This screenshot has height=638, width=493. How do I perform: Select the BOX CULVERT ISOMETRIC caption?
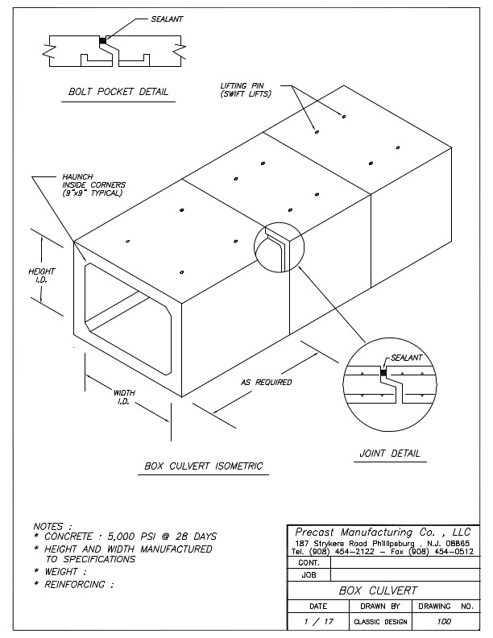click(x=203, y=466)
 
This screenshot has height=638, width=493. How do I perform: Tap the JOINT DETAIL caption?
click(x=390, y=454)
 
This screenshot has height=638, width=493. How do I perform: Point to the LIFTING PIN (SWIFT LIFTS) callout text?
click(x=246, y=89)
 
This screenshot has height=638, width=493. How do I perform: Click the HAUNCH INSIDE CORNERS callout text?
click(x=93, y=184)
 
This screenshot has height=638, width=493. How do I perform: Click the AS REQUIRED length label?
click(x=266, y=382)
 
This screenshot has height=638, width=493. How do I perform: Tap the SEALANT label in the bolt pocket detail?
click(x=168, y=17)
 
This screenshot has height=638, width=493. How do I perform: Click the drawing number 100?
click(x=444, y=621)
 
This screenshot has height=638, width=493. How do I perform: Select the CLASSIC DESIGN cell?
click(x=380, y=622)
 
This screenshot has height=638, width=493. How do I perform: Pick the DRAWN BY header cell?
click(x=379, y=604)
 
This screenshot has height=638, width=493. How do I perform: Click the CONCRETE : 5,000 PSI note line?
click(x=124, y=536)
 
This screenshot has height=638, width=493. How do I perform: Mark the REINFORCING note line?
click(x=73, y=583)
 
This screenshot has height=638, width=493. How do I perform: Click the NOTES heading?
click(x=52, y=526)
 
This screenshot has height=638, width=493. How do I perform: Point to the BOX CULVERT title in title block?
click(x=379, y=590)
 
